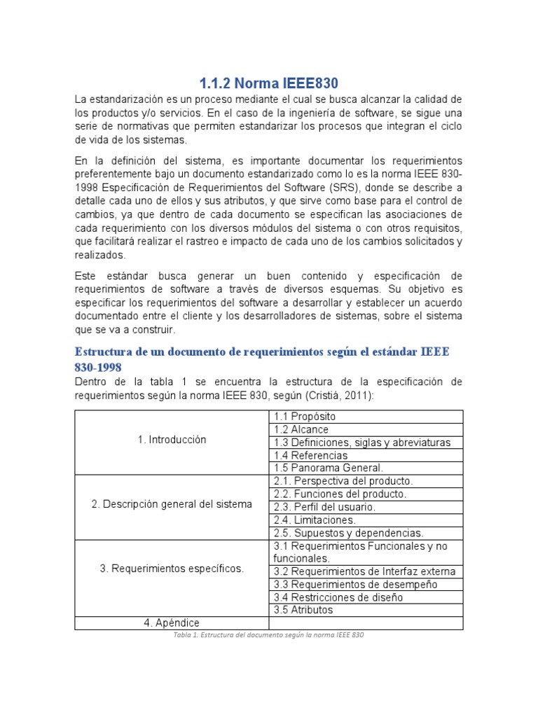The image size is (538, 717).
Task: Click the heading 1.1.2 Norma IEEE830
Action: pos(269,83)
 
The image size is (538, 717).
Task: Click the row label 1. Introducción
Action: pos(172,440)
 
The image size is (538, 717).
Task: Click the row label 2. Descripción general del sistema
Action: pos(172,506)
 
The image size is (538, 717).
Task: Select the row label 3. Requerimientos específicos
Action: pos(172,569)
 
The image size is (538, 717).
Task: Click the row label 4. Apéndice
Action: pos(172,622)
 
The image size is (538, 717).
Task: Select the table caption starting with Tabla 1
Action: pos(269,635)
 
